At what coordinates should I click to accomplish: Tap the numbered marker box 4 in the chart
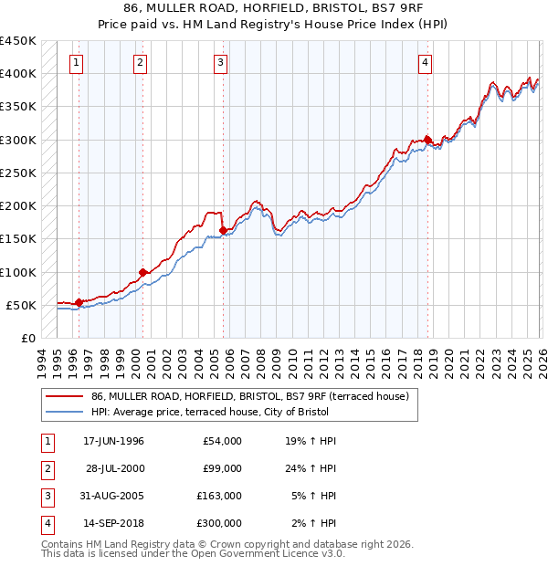tap(426, 62)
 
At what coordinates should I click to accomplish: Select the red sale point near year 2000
tap(142, 272)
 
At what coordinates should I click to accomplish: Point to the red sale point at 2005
tap(224, 231)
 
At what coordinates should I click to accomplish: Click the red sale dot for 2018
tap(428, 140)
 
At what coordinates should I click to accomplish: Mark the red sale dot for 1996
tap(79, 302)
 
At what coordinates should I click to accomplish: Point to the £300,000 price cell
tap(218, 523)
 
